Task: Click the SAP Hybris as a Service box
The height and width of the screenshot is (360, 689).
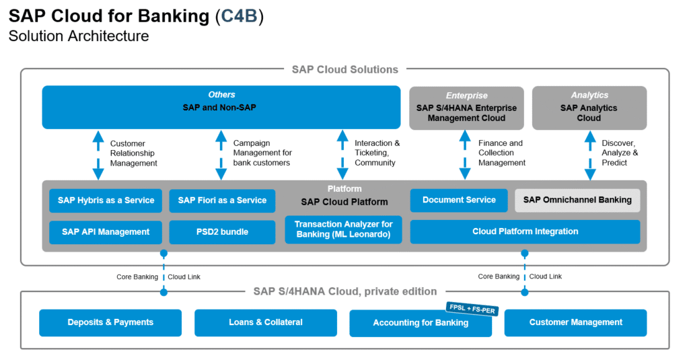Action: (x=106, y=200)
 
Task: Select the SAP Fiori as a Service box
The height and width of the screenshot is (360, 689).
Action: (x=222, y=200)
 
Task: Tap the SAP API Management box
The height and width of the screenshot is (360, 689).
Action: (x=106, y=231)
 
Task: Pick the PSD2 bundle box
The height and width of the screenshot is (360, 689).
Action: (x=222, y=231)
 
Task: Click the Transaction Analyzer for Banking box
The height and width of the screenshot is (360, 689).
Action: (x=343, y=229)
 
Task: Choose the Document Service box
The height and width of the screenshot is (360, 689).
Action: (x=459, y=200)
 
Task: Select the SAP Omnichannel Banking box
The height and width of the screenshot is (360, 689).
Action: (x=577, y=200)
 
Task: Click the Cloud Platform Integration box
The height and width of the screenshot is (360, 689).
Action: (x=525, y=231)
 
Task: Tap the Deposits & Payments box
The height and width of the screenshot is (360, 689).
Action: (x=110, y=322)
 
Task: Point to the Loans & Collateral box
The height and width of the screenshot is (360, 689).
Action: (x=266, y=322)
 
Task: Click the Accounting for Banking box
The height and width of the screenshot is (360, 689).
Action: (x=421, y=323)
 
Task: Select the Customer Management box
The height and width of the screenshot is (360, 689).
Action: (x=575, y=322)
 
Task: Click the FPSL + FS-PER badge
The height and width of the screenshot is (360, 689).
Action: (x=469, y=308)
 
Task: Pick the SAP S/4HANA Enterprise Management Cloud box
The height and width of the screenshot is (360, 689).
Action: (x=466, y=108)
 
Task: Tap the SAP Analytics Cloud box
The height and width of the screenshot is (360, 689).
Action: (x=589, y=108)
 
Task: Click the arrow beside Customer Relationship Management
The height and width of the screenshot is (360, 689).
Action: (x=98, y=155)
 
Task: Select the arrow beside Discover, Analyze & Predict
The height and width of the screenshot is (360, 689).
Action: (x=590, y=155)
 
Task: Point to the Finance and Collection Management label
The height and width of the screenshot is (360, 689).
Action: (x=502, y=153)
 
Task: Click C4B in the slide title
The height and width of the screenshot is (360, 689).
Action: (x=239, y=16)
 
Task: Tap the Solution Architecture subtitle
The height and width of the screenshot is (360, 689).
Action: (x=79, y=36)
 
